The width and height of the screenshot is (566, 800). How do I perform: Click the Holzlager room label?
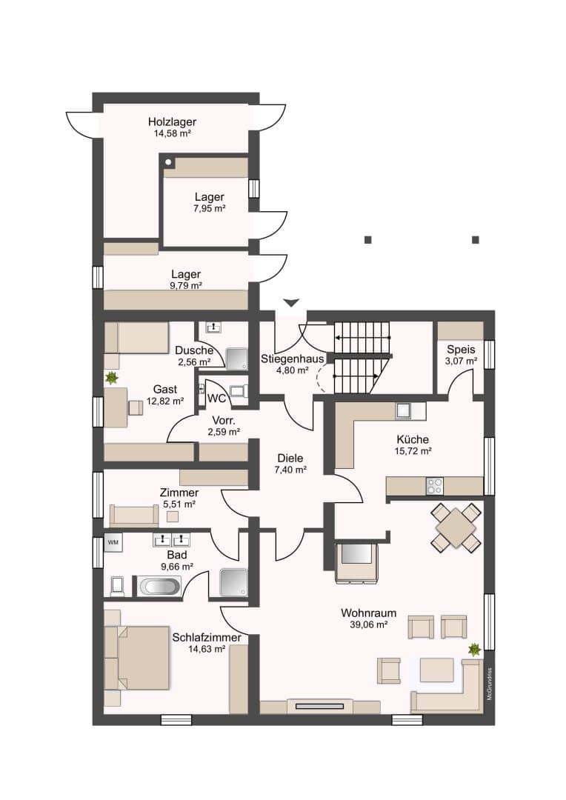[x=172, y=122]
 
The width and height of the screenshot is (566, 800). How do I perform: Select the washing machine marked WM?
[x=113, y=542]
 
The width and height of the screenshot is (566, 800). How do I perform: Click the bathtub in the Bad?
[x=159, y=586]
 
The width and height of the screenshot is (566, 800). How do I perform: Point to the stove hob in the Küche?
[x=435, y=486]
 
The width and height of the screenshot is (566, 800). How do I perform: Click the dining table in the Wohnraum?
[x=456, y=528]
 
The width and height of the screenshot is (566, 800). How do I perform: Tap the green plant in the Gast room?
[x=112, y=378]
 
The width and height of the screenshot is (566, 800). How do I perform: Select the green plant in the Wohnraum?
[x=475, y=650]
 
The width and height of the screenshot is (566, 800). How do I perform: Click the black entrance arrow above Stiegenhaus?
[x=291, y=302]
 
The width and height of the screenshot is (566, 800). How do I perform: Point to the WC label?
[x=217, y=398]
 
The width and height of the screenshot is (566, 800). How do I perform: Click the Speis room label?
[x=461, y=350]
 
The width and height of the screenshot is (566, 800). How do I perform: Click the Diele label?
[x=290, y=459]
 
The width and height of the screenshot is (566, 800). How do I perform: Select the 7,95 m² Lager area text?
[x=209, y=208]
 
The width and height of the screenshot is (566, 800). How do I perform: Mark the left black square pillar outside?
[x=368, y=240]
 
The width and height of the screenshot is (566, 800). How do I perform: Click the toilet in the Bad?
[x=117, y=586]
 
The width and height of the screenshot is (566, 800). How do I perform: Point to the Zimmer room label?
[x=179, y=493]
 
